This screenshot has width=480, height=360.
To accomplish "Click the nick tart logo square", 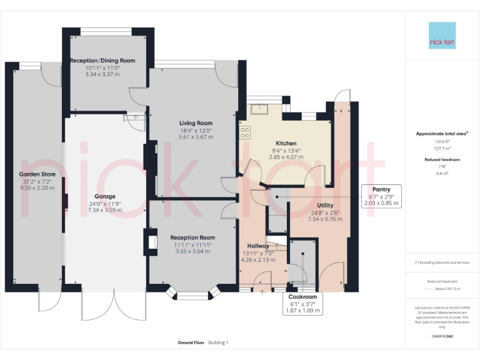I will (x=442, y=36).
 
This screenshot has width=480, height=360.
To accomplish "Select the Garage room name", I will (x=105, y=196).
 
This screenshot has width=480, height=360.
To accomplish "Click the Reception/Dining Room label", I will (x=102, y=61).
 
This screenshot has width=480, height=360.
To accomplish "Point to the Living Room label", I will (x=196, y=123).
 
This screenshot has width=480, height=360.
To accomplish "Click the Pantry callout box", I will (x=381, y=196).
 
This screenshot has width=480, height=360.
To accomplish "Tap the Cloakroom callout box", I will (x=302, y=303).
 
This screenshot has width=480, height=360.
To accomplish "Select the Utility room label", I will (x=325, y=205).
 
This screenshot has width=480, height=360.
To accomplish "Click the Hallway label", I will (x=257, y=246).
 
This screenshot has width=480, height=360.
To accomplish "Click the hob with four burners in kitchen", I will (x=245, y=132).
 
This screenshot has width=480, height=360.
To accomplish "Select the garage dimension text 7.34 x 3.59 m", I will (x=105, y=211).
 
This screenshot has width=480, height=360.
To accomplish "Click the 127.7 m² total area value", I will (x=442, y=149).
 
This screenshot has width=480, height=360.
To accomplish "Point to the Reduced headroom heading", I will (x=442, y=160).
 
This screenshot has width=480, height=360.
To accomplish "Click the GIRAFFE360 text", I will (x=442, y=337).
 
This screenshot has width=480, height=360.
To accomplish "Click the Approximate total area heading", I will (x=442, y=134).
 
